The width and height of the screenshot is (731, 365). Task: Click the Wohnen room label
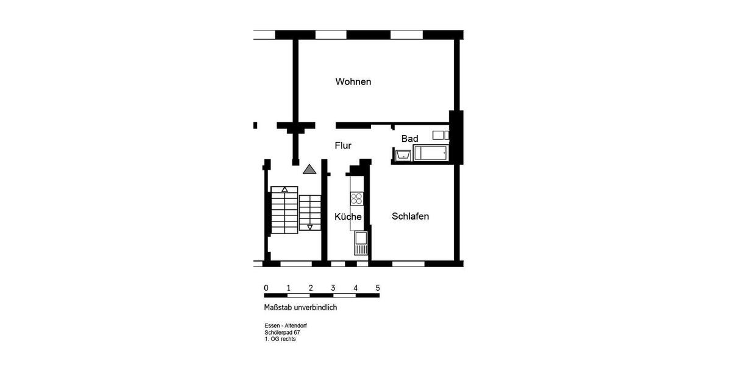click(x=353, y=82)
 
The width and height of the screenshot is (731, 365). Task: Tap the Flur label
click(x=343, y=145)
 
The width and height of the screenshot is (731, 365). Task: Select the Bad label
click(x=409, y=139)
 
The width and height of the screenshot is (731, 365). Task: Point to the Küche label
click(x=348, y=217)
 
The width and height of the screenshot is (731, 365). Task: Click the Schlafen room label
click(x=410, y=216)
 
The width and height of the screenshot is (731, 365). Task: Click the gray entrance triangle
click(x=309, y=169)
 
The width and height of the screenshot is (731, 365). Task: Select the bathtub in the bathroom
click(x=431, y=153)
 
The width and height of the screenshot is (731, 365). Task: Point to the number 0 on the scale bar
click(x=266, y=288)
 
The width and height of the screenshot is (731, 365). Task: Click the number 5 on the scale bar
click(x=378, y=288)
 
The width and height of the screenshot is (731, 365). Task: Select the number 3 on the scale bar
click(x=333, y=288)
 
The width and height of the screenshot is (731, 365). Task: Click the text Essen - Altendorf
click(x=286, y=326)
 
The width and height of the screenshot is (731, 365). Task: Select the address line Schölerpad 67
click(x=282, y=333)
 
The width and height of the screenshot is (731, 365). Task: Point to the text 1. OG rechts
click(x=280, y=339)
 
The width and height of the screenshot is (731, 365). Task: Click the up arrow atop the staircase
click(x=284, y=189)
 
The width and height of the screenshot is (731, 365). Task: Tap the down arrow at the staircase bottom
click(x=309, y=228)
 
